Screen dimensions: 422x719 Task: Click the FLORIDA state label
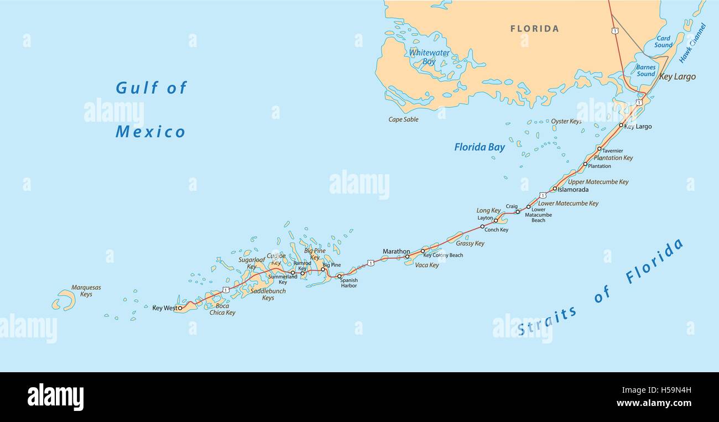tap(534, 29)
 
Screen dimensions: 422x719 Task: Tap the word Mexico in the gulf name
tap(150, 132)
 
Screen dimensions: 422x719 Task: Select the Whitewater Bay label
tap(429, 57)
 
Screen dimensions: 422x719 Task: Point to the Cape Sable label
tap(403, 119)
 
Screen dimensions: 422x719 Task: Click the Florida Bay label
tap(480, 147)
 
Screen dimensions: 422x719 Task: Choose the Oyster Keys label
tap(566, 121)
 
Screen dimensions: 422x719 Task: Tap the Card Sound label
tap(663, 42)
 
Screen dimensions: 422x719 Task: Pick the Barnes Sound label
tap(645, 71)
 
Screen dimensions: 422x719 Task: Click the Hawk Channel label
tap(692, 43)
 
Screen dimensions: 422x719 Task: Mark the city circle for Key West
tap(180, 308)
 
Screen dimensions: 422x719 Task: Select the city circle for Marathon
tap(407, 257)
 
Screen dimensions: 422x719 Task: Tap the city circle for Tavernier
tap(599, 148)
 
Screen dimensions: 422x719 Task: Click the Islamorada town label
tap(573, 190)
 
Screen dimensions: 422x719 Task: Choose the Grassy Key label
tap(470, 243)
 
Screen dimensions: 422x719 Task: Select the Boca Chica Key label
tap(222, 309)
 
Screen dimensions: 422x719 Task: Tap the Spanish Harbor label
tap(349, 283)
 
